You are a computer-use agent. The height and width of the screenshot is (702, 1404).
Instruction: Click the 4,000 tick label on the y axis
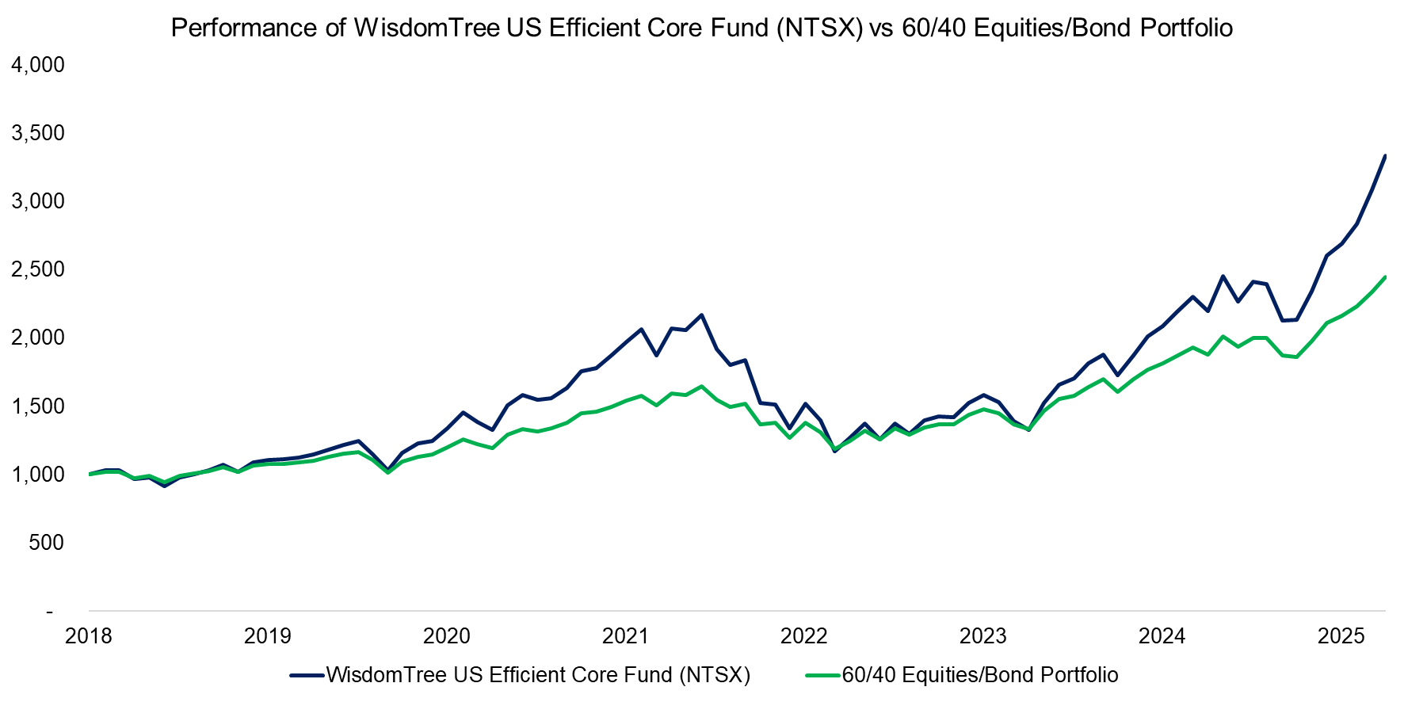pyautogui.click(x=38, y=65)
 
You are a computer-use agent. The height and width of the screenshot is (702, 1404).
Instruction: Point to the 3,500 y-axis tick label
pyautogui.click(x=38, y=133)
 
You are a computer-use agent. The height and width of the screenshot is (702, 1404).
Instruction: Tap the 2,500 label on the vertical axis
pyautogui.click(x=38, y=269)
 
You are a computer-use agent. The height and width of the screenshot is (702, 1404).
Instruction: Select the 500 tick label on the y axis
pyautogui.click(x=47, y=543)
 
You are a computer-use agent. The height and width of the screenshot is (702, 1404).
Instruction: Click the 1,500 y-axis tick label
pyautogui.click(x=38, y=406)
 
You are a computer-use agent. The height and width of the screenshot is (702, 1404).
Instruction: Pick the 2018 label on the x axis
pyautogui.click(x=89, y=636)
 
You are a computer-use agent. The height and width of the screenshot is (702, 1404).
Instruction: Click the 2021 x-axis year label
pyautogui.click(x=625, y=636)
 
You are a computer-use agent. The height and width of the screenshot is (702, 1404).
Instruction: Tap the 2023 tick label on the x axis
pyautogui.click(x=982, y=636)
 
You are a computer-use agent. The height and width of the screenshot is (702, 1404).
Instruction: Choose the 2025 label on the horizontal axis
pyautogui.click(x=1341, y=636)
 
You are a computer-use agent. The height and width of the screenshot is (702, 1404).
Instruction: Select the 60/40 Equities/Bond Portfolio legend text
pyautogui.click(x=980, y=675)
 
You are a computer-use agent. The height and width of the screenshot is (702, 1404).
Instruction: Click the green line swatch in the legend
pyautogui.click(x=822, y=675)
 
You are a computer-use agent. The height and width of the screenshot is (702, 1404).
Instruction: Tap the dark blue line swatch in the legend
pyautogui.click(x=307, y=675)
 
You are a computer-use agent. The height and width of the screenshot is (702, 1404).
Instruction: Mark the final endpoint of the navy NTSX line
pyautogui.click(x=1385, y=155)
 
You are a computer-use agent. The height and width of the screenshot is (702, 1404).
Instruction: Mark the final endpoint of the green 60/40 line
pyautogui.click(x=1385, y=277)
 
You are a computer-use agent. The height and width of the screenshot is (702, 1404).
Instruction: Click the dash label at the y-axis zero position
pyautogui.click(x=50, y=612)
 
